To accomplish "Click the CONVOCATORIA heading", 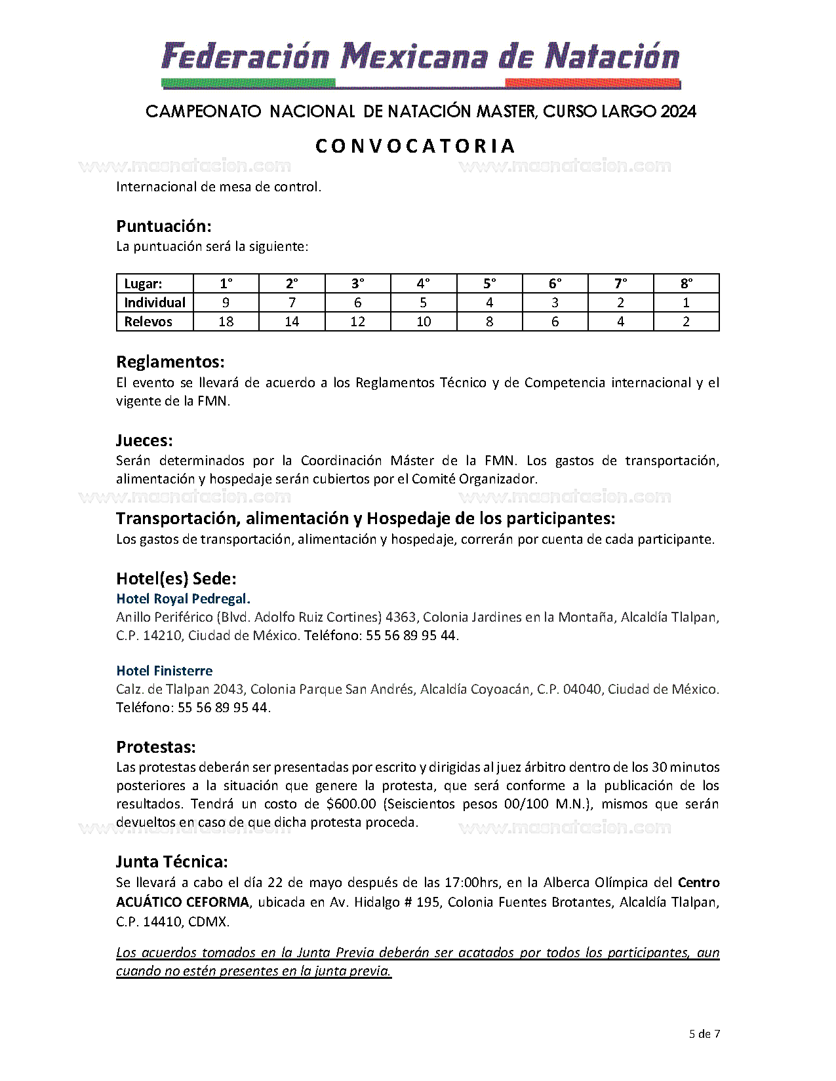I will [416, 145].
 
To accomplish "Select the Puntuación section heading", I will [164, 226].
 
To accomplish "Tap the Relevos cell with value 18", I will [226, 322].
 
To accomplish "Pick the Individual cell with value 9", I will [226, 303].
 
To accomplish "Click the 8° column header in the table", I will [686, 284].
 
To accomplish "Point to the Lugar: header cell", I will [144, 284].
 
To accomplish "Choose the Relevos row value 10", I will [424, 322].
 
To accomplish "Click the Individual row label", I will [155, 303].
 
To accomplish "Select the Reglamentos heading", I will [170, 362].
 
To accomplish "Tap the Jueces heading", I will [144, 440].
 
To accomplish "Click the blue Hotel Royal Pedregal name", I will [183, 598].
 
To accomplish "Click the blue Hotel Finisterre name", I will [164, 670].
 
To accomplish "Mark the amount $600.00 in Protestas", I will [351, 804].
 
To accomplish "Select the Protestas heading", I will [156, 747].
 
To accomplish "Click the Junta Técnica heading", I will [172, 862].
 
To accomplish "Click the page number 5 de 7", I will [704, 1034].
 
